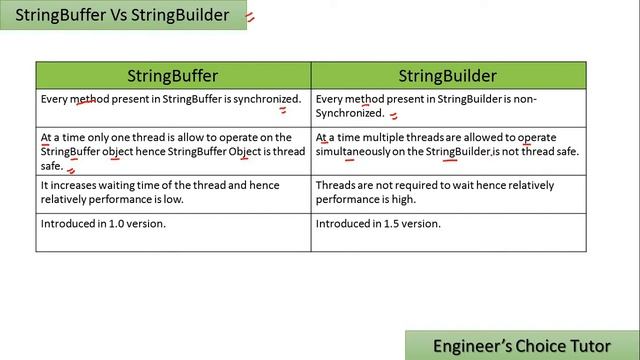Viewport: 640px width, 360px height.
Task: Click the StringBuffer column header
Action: (x=172, y=76)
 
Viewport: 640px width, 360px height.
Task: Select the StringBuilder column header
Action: (x=447, y=76)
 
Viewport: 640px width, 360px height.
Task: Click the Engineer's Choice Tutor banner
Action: (x=522, y=345)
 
